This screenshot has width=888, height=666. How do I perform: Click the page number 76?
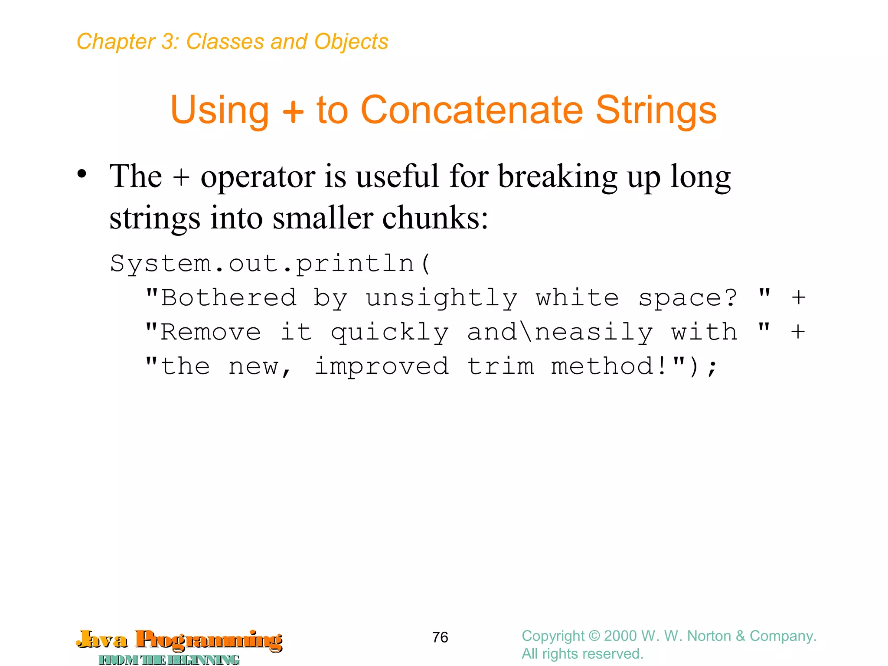(x=440, y=637)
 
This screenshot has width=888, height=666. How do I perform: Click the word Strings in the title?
(x=656, y=110)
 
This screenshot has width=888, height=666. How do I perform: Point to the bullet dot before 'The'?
(x=82, y=174)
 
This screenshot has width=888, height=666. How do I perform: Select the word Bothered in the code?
(x=229, y=298)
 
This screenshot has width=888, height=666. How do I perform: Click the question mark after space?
(x=731, y=298)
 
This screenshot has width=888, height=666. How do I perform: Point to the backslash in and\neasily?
(x=526, y=332)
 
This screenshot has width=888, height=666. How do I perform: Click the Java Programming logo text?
(x=180, y=640)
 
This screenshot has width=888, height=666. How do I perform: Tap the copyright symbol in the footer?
(x=594, y=636)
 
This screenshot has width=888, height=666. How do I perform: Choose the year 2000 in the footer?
(x=620, y=636)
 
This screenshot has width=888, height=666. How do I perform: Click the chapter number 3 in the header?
(x=167, y=42)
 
